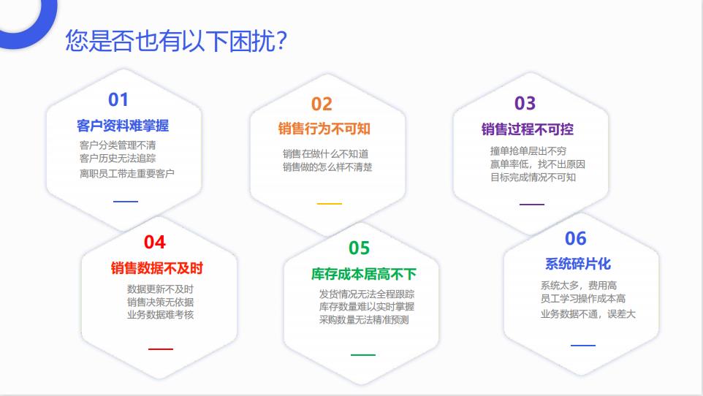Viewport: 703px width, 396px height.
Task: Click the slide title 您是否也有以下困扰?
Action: [176, 41]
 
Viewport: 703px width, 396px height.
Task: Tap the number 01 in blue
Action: [118, 99]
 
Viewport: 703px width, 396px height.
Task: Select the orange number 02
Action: [322, 104]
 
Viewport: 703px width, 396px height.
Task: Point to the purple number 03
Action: [525, 103]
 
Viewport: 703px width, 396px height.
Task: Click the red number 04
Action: [155, 242]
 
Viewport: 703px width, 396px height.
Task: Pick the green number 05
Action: [359, 248]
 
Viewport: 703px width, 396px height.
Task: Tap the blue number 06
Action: [576, 239]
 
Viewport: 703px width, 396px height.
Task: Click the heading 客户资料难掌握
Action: [123, 126]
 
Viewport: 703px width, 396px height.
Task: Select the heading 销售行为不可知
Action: [324, 129]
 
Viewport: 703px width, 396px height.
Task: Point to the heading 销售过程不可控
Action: [528, 129]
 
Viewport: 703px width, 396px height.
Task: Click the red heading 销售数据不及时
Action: [157, 268]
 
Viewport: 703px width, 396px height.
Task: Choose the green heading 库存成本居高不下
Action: [364, 274]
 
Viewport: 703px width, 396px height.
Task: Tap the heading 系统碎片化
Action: [578, 264]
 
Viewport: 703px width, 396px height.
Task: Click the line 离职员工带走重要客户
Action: [127, 174]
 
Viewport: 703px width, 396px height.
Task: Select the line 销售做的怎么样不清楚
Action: [327, 167]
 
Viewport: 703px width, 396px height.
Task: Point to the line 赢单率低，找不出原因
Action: [538, 164]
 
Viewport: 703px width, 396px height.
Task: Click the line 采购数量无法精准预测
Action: [364, 320]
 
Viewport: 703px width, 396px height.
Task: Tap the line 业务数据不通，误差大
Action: [588, 314]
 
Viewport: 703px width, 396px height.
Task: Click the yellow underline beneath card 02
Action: [330, 204]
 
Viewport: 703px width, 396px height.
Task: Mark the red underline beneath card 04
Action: [161, 349]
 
